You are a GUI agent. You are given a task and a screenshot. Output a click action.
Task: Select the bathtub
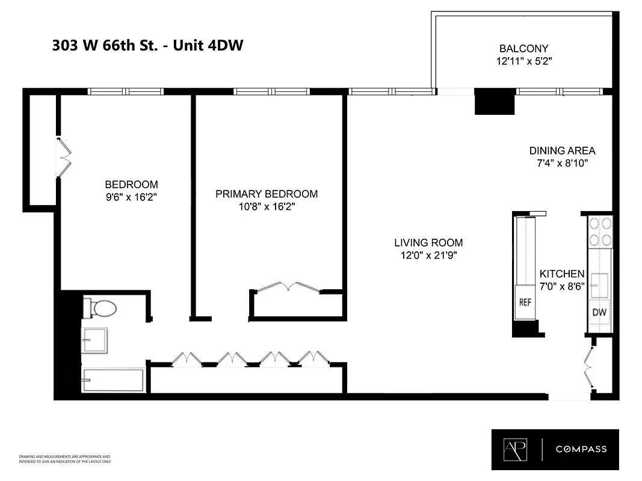(x=113, y=381)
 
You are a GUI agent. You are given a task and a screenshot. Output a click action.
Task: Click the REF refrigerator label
(x=525, y=302)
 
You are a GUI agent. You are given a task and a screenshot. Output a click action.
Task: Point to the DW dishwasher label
(x=599, y=312)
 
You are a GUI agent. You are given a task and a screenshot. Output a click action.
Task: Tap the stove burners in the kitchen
(x=600, y=231)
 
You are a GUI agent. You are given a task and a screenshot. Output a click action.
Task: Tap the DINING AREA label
(x=562, y=151)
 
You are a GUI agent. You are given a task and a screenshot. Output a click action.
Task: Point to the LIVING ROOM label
(x=428, y=243)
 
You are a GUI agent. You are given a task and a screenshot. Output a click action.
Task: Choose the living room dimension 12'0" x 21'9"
(x=428, y=255)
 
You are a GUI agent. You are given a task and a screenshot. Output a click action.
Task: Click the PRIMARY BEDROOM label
(x=267, y=194)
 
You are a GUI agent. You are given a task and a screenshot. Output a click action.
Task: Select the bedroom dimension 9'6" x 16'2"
(x=131, y=197)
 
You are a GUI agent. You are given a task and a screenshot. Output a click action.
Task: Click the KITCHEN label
(x=561, y=273)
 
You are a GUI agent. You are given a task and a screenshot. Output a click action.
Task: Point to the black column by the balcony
(x=495, y=102)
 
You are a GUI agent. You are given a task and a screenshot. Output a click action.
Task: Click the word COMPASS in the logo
(x=581, y=449)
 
